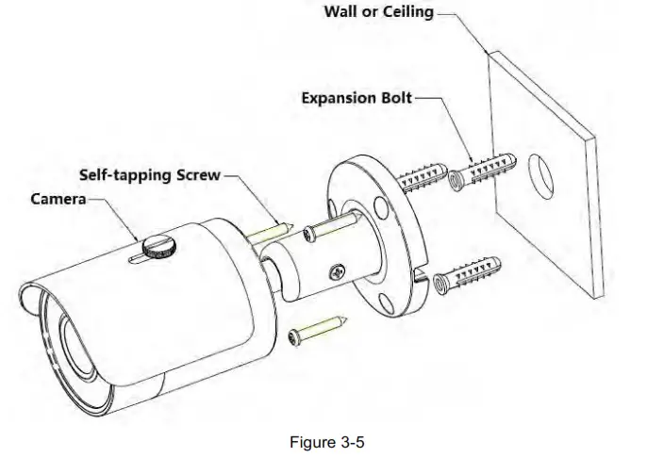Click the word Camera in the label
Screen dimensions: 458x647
(x=58, y=199)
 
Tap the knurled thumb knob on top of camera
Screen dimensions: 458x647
(x=158, y=245)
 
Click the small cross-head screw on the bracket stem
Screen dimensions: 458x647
(x=335, y=273)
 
